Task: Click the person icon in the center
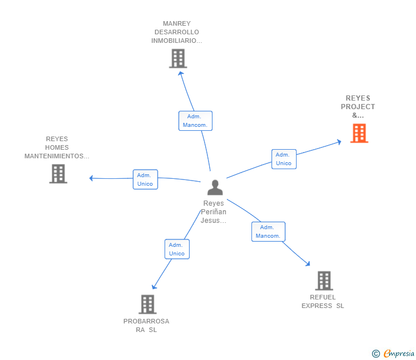pos(215,187)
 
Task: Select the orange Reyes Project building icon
pos(358,133)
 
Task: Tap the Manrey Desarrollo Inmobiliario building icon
pos(178,58)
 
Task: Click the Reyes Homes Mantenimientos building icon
pos(58,174)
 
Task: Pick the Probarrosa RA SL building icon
pos(147,304)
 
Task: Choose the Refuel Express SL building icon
pos(324,281)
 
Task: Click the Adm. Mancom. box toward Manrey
pos(195,121)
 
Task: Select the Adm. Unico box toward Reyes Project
pos(283,159)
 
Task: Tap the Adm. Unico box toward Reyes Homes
pos(145,179)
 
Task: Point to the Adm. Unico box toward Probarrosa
pos(177,249)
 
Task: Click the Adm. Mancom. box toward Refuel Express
pos(268,231)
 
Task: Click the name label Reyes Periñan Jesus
pos(214,212)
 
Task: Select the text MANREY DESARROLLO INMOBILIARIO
pos(177,33)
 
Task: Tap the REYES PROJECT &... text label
pos(358,107)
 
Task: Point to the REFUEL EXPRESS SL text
pos(323,301)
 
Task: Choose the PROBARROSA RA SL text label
pos(146,325)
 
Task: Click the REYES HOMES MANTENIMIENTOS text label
pos(57,147)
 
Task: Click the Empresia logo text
pos(398,354)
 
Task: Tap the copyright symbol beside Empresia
pos(375,354)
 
